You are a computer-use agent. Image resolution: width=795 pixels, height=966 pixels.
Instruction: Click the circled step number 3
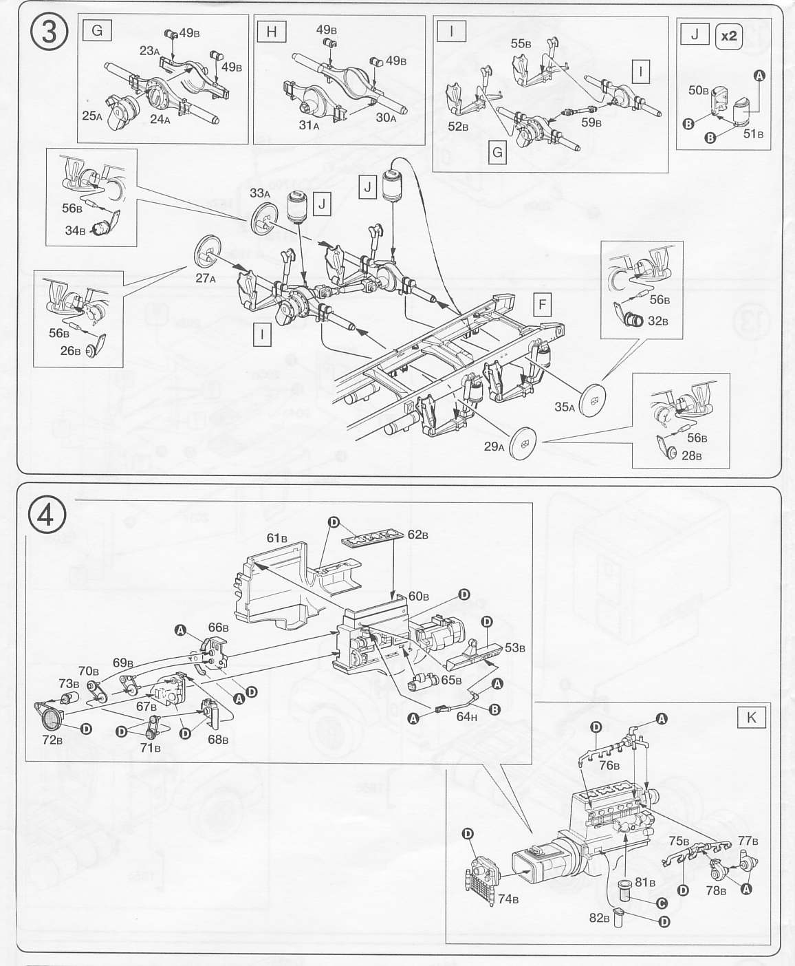49,32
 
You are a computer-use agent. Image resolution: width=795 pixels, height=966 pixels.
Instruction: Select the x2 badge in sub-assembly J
728,36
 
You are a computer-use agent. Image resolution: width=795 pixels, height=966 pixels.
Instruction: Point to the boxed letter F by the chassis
543,304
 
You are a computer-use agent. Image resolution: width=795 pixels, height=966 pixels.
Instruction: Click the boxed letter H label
271,31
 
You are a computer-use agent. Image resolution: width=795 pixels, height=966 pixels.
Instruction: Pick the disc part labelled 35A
593,401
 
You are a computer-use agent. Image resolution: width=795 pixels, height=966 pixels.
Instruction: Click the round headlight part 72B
51,719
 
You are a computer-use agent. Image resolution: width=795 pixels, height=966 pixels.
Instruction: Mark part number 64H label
466,716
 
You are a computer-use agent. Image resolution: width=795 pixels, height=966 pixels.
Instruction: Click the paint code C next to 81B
662,903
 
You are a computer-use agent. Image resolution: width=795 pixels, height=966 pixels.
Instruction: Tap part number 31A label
309,125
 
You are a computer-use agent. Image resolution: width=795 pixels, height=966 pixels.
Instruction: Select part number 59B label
591,122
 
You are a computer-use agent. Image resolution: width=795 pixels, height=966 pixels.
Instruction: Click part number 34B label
75,230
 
